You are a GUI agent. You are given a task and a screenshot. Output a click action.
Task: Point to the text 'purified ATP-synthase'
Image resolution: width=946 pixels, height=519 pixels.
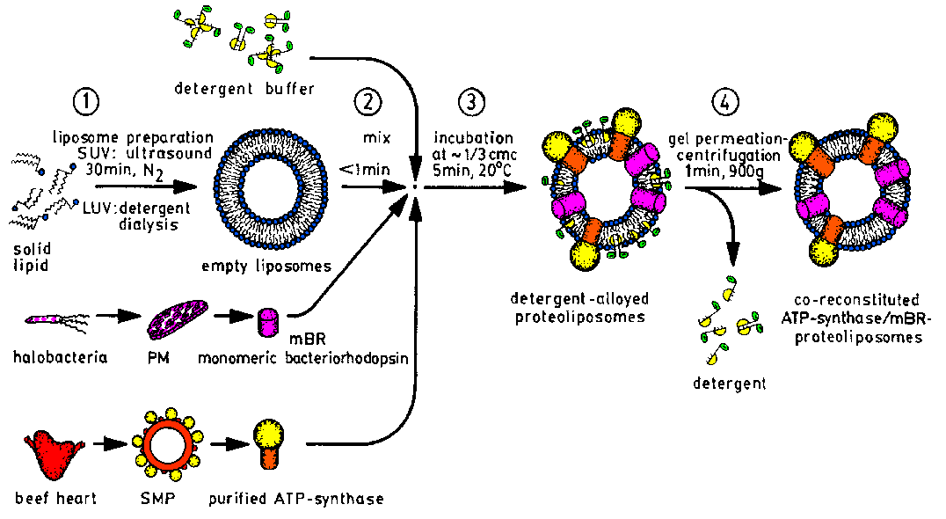pos(296,500)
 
